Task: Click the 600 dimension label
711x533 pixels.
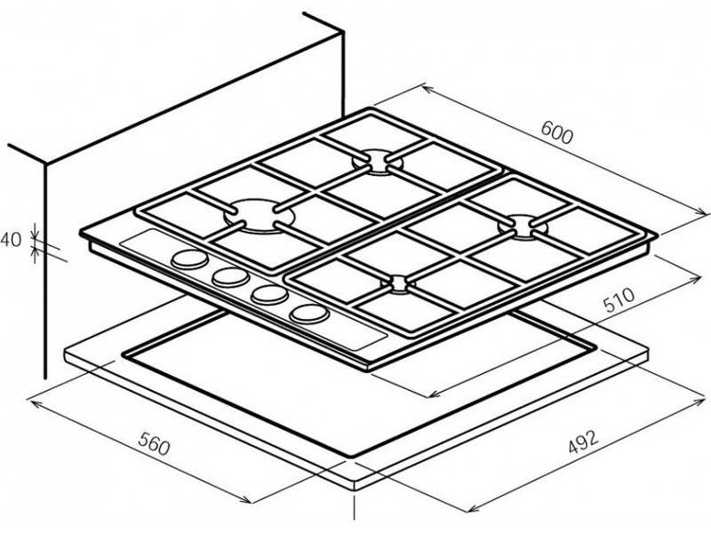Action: [x=557, y=133]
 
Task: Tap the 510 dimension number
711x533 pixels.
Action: [x=619, y=299]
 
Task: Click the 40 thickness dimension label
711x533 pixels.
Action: [x=11, y=239]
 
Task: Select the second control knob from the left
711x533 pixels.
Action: [x=231, y=276]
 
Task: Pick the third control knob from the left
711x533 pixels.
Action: [x=269, y=295]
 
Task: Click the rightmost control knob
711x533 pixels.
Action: [x=308, y=314]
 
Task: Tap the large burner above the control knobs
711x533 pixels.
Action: [x=258, y=215]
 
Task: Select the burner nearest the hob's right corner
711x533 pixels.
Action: [x=523, y=227]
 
